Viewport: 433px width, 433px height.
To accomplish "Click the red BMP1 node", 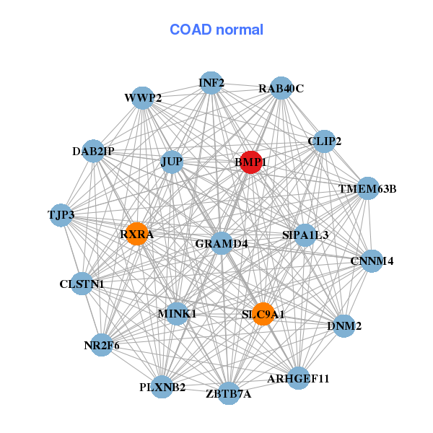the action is [250, 162].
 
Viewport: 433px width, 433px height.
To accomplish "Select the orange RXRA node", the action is [136, 234].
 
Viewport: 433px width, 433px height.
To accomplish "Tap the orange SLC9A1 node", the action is [263, 314].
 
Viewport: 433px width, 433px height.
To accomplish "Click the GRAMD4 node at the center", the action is [222, 243].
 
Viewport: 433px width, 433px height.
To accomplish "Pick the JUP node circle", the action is [172, 162].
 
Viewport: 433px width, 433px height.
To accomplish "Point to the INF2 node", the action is [211, 82].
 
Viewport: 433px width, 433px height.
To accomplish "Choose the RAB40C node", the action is [281, 88].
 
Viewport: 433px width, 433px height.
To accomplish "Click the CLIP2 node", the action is [324, 141].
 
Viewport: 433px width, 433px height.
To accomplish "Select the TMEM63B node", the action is [367, 189].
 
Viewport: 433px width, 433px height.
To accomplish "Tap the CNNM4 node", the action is [372, 261].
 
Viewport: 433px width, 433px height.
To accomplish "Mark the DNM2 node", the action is [344, 326].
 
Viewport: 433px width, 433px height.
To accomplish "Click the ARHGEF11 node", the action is [298, 377].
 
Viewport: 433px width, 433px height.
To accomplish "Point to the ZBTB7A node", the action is [229, 393].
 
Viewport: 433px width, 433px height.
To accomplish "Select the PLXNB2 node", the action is [162, 387].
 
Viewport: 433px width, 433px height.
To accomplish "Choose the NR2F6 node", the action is [102, 345].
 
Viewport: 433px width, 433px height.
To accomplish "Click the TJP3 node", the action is [61, 215].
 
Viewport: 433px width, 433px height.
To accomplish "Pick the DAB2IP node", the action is [93, 151].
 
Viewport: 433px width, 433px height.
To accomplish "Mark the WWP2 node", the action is [143, 98].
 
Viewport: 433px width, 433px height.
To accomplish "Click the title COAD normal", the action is [216, 30].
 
